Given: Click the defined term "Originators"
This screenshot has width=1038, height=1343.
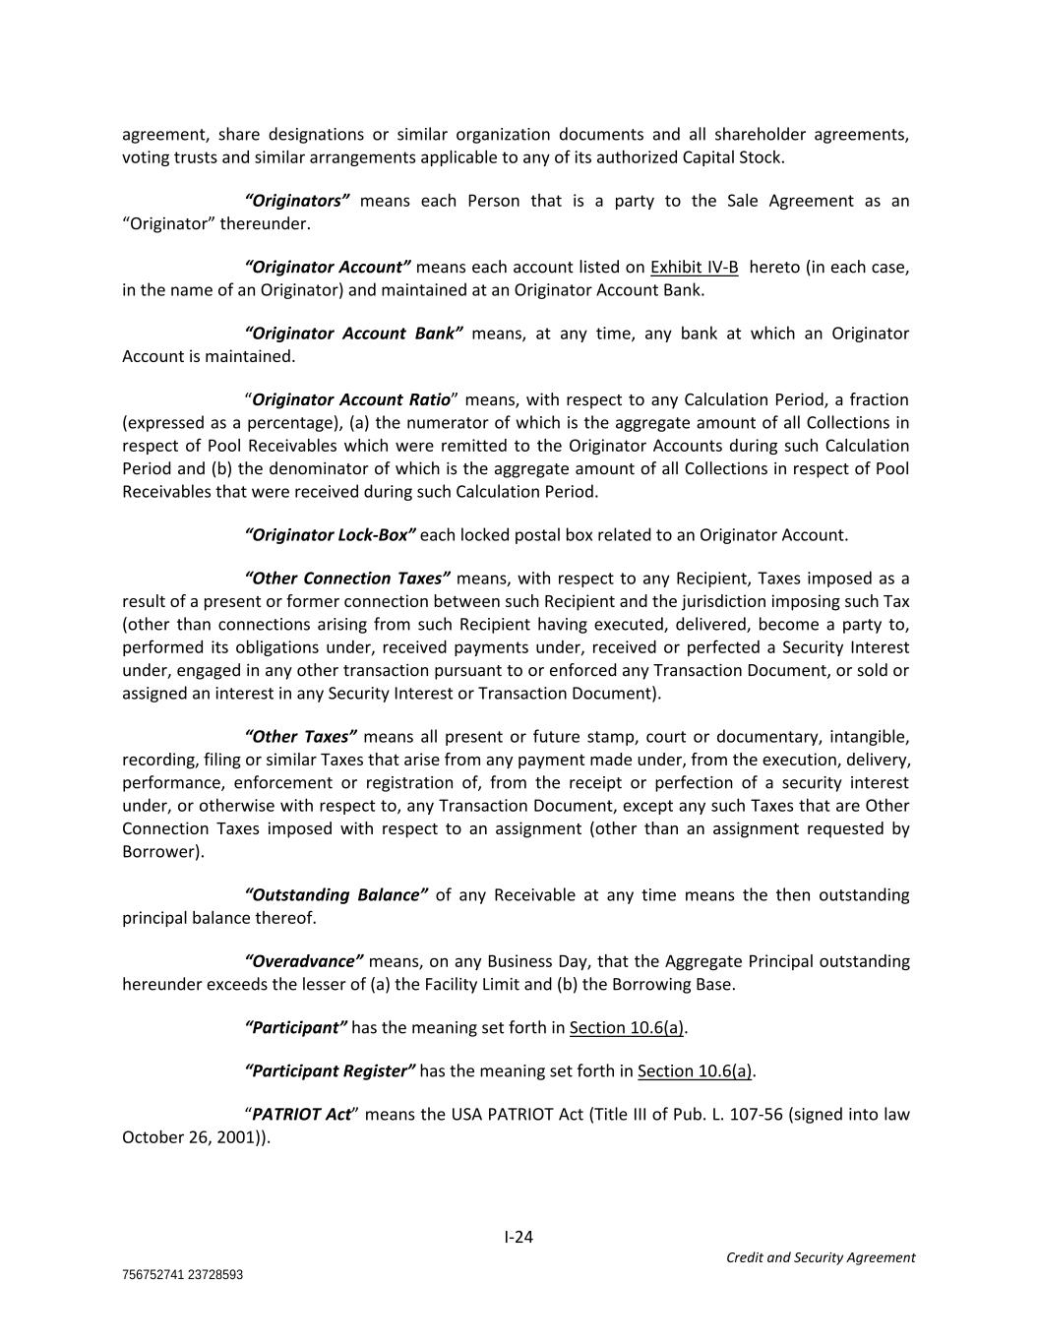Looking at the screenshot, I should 296,201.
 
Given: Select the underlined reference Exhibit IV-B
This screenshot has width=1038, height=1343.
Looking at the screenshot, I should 694,268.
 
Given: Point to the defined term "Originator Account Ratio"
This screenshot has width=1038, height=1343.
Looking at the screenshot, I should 351,399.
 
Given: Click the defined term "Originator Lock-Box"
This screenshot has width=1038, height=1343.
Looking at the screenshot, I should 330,535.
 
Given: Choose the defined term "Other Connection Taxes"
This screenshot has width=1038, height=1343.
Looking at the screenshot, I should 347,579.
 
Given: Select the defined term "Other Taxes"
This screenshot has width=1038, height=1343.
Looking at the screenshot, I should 300,737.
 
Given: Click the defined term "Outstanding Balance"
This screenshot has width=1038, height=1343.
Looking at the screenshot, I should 336,895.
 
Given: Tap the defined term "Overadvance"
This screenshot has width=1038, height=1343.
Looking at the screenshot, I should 304,961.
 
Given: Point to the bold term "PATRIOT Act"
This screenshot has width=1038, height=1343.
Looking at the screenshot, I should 301,1115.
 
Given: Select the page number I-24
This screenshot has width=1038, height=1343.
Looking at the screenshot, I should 519,1237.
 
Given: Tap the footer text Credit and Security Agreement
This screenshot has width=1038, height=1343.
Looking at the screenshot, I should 820,1257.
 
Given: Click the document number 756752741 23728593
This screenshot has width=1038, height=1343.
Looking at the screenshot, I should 182,1275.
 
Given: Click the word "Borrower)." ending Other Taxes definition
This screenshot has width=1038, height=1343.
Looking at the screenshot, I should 163,852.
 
